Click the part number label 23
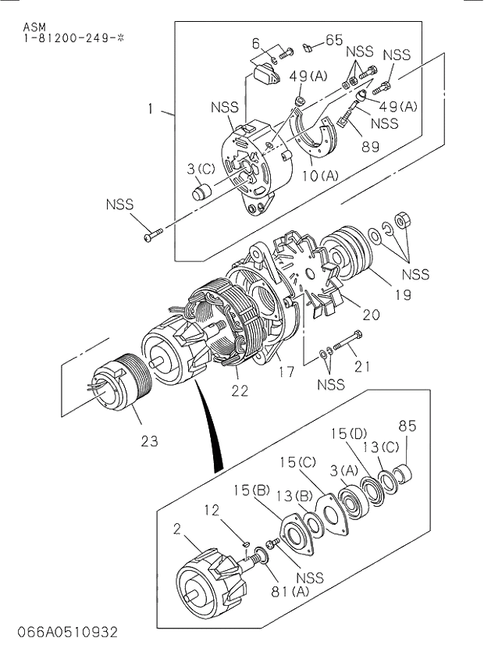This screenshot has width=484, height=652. click(149, 441)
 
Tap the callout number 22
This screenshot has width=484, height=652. click(240, 390)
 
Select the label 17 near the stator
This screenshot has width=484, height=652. click(287, 372)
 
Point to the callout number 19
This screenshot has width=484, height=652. click(382, 294)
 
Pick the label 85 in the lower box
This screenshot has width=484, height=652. click(407, 426)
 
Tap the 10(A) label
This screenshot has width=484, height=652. click(319, 176)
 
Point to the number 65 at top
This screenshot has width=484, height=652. click(333, 40)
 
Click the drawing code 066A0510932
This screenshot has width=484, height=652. click(60, 631)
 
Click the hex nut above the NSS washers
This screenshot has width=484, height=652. click(404, 220)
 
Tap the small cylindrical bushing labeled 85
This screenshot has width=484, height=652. click(404, 472)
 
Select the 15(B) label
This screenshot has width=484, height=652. click(251, 490)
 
